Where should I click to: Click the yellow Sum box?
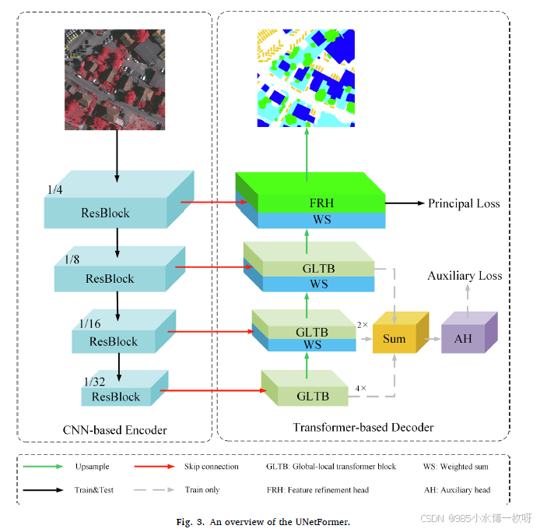coord(394,338)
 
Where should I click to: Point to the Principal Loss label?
coord(464,203)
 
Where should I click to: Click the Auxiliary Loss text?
coord(465,275)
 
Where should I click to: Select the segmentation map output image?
coord(305,78)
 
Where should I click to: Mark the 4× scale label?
coord(361,387)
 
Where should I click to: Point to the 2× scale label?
coord(362,323)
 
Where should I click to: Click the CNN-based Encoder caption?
coord(114,429)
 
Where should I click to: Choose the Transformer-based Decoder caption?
coord(363,427)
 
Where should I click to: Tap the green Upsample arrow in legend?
coord(44,467)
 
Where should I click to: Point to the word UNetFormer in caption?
coord(321,520)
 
